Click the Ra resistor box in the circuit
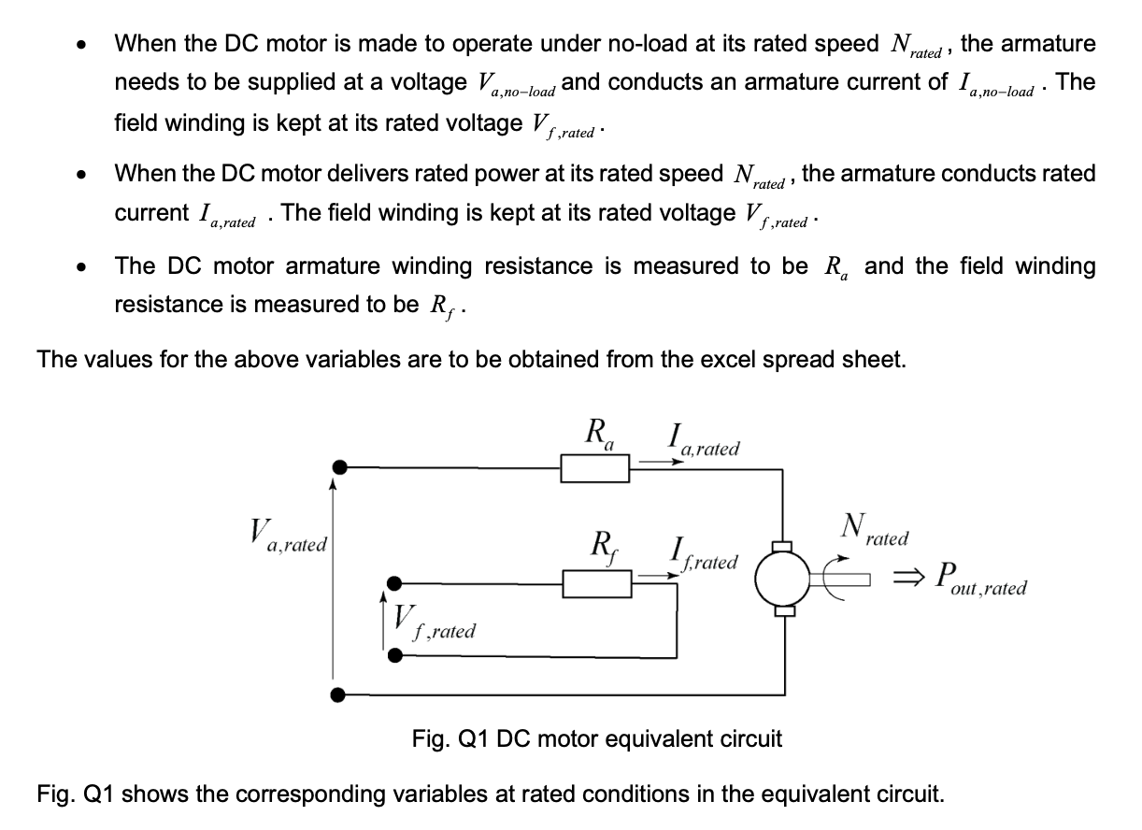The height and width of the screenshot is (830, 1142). [x=595, y=467]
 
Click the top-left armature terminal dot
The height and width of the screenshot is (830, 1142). [x=341, y=466]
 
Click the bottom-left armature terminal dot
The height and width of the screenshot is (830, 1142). [x=341, y=694]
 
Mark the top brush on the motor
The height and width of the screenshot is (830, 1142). [x=784, y=546]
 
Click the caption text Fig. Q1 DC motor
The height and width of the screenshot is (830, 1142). [x=596, y=739]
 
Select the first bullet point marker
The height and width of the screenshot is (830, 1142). [x=83, y=45]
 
